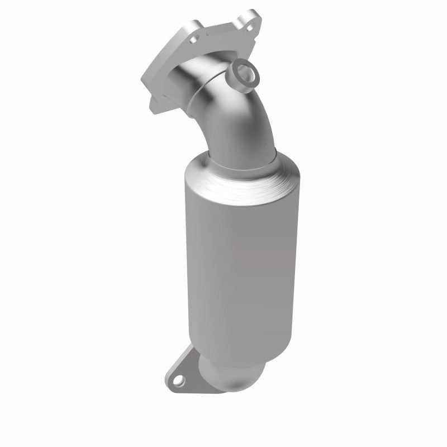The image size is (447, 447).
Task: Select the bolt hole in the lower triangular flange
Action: coord(178,382)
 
